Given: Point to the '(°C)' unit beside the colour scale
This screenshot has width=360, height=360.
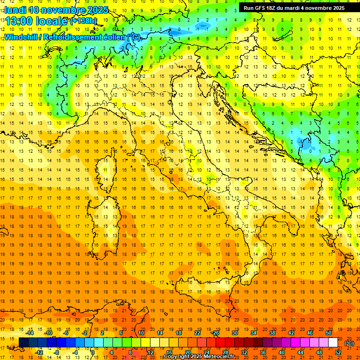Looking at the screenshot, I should pyautogui.click(x=349, y=343).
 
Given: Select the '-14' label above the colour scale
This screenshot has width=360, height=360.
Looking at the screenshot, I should pyautogui.click(x=30, y=333).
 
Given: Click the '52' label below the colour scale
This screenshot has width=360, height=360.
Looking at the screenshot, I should pyautogui.click(x=338, y=352).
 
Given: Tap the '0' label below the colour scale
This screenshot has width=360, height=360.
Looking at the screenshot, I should pyautogui.click(x=93, y=352).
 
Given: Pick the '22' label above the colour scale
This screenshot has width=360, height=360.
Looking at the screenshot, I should pyautogui.click(x=197, y=333).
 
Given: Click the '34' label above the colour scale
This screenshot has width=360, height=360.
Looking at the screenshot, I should pyautogui.click(x=254, y=333).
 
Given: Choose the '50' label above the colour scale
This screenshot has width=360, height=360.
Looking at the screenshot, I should pyautogui.click(x=329, y=333).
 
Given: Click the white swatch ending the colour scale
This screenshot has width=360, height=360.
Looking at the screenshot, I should pyautogui.click(x=333, y=343).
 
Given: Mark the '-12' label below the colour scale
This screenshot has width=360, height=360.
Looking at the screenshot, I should pyautogui.click(x=39, y=352).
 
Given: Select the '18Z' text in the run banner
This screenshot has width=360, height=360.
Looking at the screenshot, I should pyautogui.click(x=274, y=8).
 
